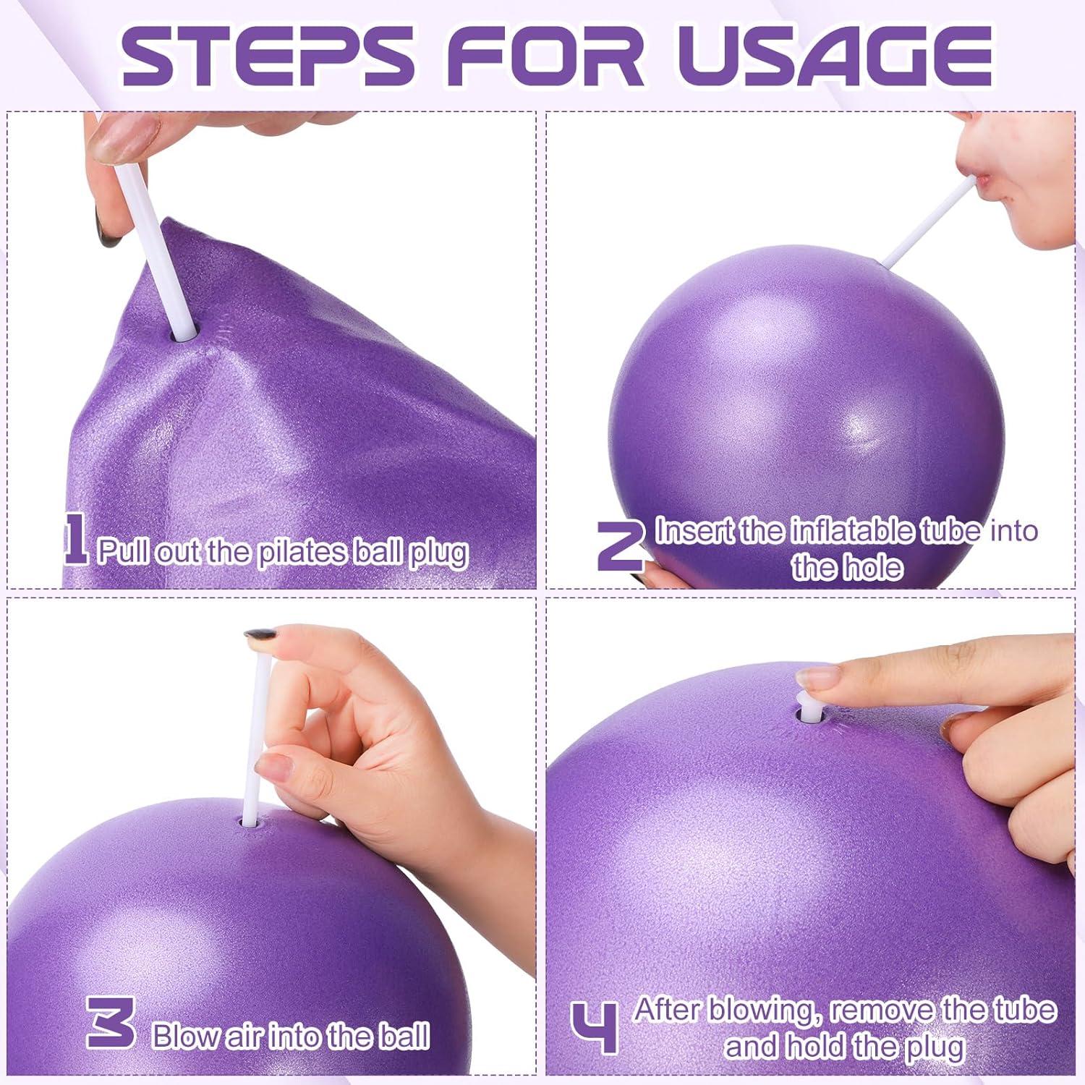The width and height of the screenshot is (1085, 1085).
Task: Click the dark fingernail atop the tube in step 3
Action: pos(258,636)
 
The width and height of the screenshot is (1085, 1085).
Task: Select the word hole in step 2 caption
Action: pos(875,568)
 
